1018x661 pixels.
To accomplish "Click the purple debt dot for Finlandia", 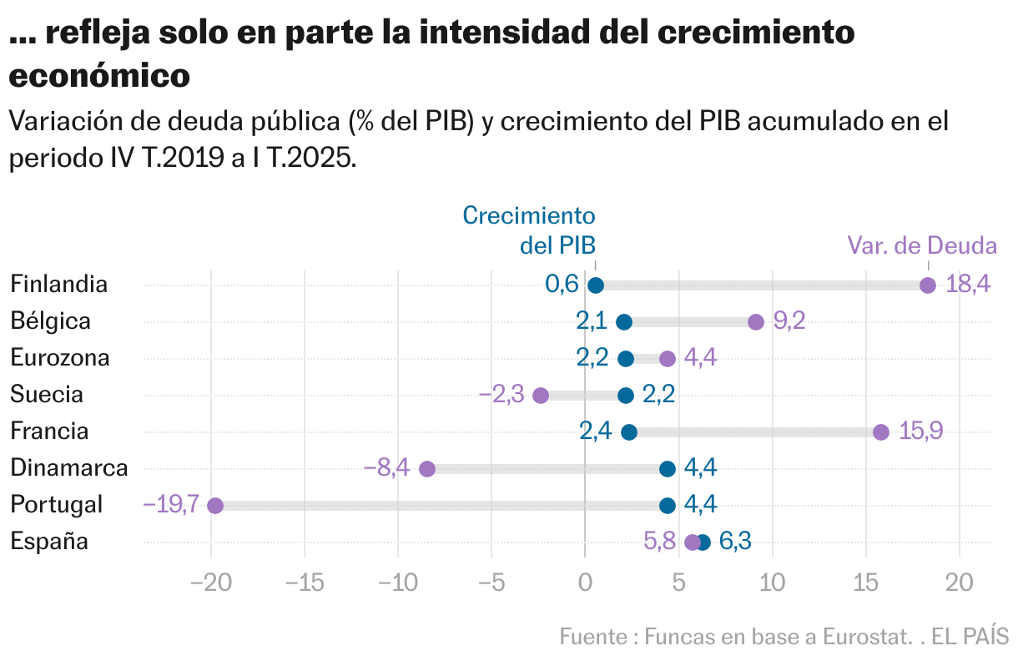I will pyautogui.click(x=927, y=285).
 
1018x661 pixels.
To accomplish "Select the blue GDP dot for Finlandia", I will pyautogui.click(x=596, y=285).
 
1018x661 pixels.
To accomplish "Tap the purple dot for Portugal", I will pyautogui.click(x=215, y=506).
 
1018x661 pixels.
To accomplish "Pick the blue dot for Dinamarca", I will pyautogui.click(x=668, y=469).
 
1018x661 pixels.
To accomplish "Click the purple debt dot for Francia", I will pyautogui.click(x=881, y=432).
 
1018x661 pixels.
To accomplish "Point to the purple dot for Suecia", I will pyautogui.click(x=541, y=396).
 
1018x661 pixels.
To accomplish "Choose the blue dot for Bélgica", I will pyautogui.click(x=624, y=322).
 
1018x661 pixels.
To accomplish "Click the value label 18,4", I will pyautogui.click(x=968, y=285).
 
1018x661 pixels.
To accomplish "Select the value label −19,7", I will pyautogui.click(x=170, y=505).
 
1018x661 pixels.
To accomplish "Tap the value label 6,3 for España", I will pyautogui.click(x=735, y=542).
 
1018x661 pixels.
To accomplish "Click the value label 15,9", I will pyautogui.click(x=921, y=431).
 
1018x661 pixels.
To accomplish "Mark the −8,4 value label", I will pyautogui.click(x=386, y=468).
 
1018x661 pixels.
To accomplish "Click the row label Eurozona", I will pyautogui.click(x=60, y=358).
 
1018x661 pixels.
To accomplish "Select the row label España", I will pyautogui.click(x=49, y=542).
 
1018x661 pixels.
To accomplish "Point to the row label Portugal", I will pyautogui.click(x=57, y=505).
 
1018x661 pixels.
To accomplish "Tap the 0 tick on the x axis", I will pyautogui.click(x=585, y=583).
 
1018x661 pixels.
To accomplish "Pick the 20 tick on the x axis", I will pyautogui.click(x=959, y=583).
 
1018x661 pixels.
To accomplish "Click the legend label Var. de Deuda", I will pyautogui.click(x=922, y=246).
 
